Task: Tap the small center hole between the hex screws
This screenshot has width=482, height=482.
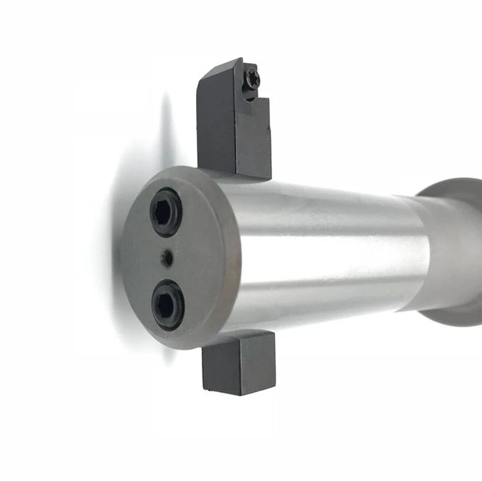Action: point(166,258)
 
